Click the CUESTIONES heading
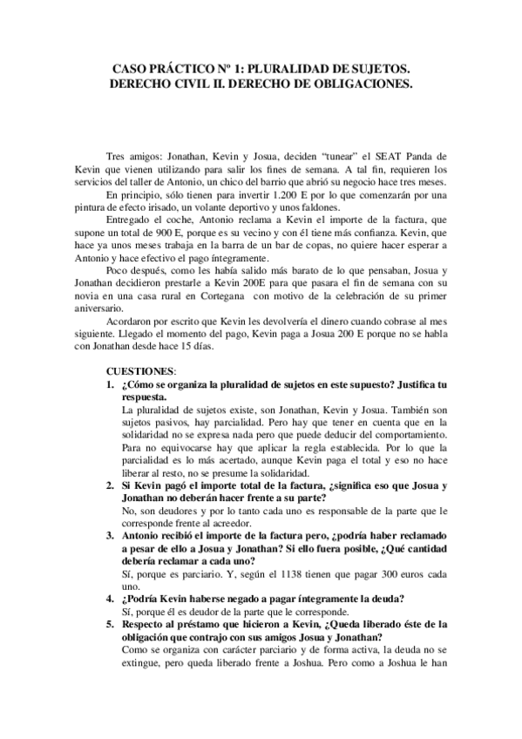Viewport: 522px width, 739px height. point(145,369)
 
